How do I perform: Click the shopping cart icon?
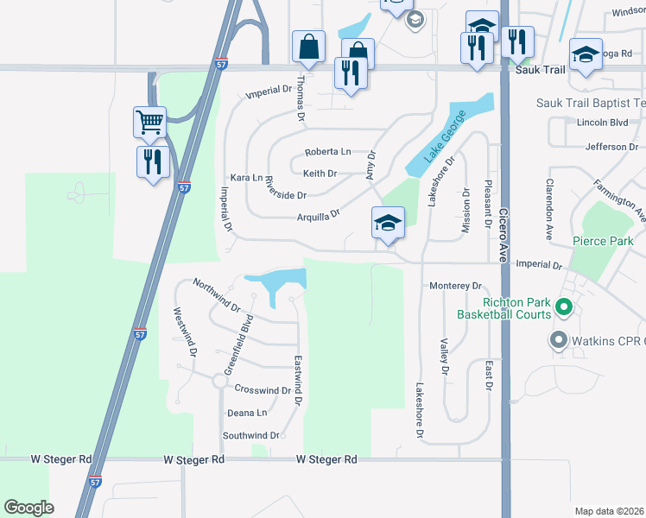click(149, 122)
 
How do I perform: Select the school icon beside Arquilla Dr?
click(388, 224)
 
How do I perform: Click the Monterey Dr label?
click(454, 286)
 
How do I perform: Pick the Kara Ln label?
click(245, 177)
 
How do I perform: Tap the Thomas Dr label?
click(301, 97)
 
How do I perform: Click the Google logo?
click(28, 508)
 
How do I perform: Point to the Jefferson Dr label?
click(611, 147)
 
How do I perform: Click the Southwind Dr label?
click(251, 436)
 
